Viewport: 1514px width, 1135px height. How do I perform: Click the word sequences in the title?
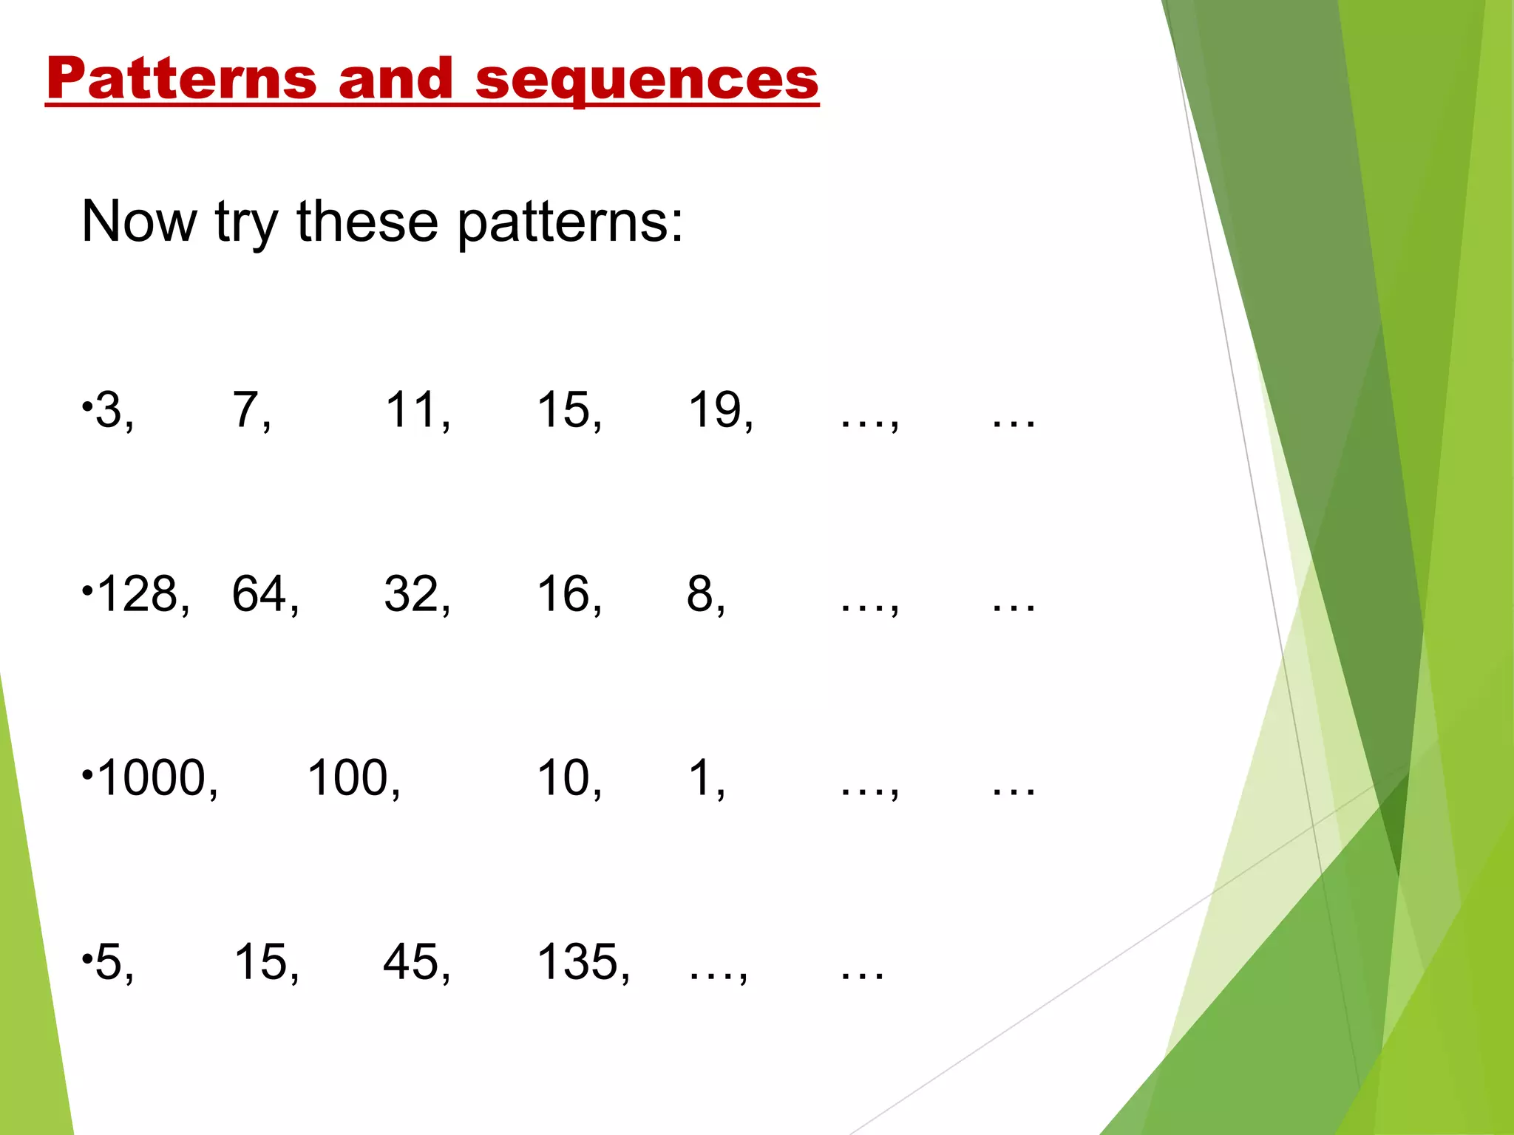click(x=647, y=80)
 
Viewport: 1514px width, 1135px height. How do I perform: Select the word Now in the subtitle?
click(x=139, y=221)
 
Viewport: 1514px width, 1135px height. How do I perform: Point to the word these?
click(x=367, y=221)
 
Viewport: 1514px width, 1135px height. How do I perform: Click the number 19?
click(x=714, y=410)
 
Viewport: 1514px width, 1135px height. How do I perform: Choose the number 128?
click(x=138, y=594)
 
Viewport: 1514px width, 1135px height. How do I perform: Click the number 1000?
click(x=152, y=778)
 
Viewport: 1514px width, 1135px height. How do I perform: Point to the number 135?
click(x=577, y=962)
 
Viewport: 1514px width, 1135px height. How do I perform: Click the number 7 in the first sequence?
click(x=245, y=410)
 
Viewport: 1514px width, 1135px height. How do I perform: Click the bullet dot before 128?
click(x=87, y=591)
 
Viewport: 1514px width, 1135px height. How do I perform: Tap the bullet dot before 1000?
click(x=87, y=775)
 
